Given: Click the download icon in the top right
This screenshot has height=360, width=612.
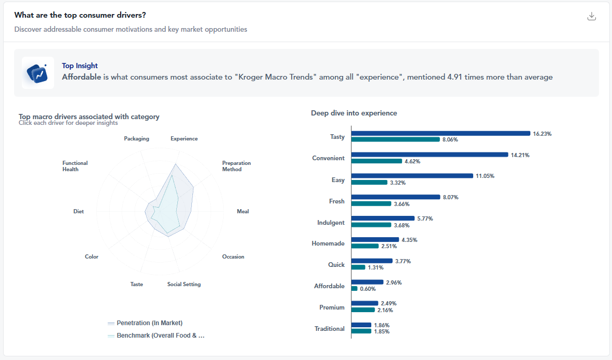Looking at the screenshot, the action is pyautogui.click(x=592, y=16).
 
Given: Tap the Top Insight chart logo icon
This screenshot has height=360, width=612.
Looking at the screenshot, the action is pyautogui.click(x=38, y=73).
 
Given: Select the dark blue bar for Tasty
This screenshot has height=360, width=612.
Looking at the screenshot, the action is pyautogui.click(x=440, y=134).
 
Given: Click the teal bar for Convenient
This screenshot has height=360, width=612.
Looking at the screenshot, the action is pyautogui.click(x=376, y=161).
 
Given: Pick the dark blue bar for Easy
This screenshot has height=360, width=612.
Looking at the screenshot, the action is pyautogui.click(x=412, y=176).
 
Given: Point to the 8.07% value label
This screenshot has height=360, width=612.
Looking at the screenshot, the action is pyautogui.click(x=450, y=197).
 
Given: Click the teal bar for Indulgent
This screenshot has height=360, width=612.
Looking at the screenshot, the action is pyautogui.click(x=371, y=225).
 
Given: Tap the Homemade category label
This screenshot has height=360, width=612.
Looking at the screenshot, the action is pyautogui.click(x=328, y=243).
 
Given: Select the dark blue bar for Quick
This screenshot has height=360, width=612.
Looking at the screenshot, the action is pyautogui.click(x=372, y=261).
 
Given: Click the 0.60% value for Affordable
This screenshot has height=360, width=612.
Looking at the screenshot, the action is pyautogui.click(x=368, y=289).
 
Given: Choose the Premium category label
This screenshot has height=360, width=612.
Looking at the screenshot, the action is pyautogui.click(x=332, y=307).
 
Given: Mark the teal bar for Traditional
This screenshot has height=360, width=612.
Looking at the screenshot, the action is pyautogui.click(x=361, y=331).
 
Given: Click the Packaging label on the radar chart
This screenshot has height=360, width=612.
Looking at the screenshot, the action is pyautogui.click(x=136, y=138).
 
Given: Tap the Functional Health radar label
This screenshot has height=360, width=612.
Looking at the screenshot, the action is pyautogui.click(x=75, y=166).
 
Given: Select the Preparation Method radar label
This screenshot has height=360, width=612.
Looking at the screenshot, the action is pyautogui.click(x=237, y=166).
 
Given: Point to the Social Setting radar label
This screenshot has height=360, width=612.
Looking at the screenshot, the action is pyautogui.click(x=184, y=284).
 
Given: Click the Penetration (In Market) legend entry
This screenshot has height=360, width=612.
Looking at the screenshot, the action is pyautogui.click(x=145, y=323).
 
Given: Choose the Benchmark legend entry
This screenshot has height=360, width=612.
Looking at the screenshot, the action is pyautogui.click(x=156, y=336).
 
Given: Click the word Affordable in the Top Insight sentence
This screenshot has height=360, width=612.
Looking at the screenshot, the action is pyautogui.click(x=82, y=77).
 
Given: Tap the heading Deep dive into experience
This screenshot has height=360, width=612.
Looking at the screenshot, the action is pyautogui.click(x=354, y=113).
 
